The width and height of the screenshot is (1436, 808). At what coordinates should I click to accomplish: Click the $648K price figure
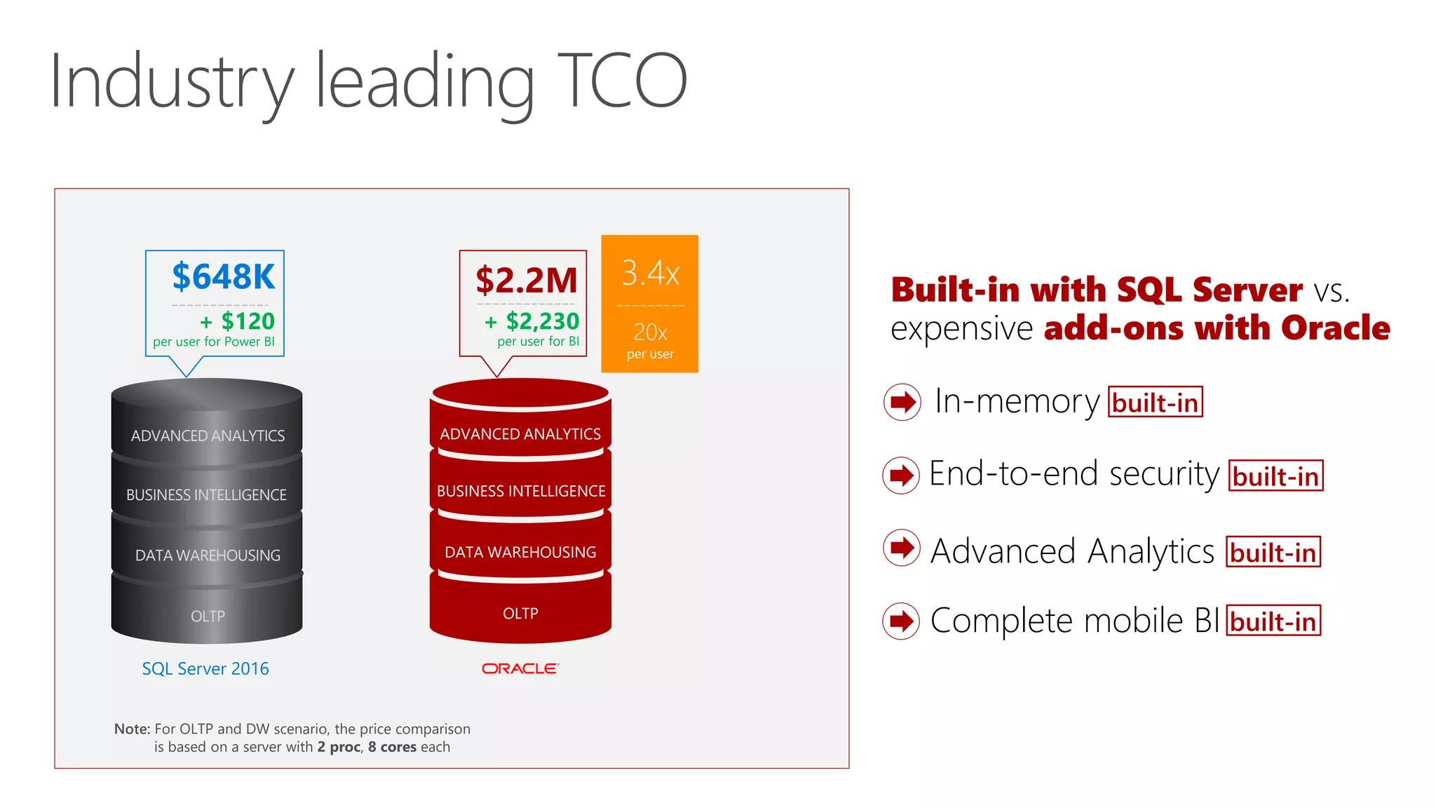[x=224, y=276]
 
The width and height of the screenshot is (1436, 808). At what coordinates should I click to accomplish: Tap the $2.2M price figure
[x=526, y=281]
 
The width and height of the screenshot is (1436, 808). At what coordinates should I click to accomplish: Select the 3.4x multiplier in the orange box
[x=650, y=273]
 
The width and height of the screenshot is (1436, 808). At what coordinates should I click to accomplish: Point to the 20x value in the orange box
[x=650, y=332]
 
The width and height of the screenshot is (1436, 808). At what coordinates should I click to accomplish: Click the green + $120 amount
[x=238, y=321]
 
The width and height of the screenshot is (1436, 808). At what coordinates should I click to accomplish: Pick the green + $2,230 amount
[x=532, y=321]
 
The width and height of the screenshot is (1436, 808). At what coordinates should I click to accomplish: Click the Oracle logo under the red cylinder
[x=520, y=668]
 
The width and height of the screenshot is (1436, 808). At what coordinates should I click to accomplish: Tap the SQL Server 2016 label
[x=205, y=668]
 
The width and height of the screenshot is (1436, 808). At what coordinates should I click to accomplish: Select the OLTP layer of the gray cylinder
[x=208, y=616]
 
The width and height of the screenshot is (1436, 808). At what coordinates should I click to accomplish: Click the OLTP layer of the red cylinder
[x=520, y=613]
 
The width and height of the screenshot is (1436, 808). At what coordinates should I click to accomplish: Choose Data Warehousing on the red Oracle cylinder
[x=520, y=552]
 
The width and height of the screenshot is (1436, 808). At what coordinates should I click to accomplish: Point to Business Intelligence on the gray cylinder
[x=206, y=494]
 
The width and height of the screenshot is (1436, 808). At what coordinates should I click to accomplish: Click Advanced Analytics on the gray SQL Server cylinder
[x=208, y=436]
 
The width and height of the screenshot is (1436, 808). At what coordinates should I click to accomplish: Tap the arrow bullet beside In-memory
[x=902, y=402]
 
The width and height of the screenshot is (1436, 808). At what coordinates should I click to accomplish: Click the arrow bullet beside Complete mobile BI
[x=901, y=621]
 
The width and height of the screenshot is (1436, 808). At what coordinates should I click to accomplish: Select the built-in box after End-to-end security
[x=1275, y=476]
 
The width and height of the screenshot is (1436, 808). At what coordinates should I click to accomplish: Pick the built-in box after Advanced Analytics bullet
[x=1273, y=552]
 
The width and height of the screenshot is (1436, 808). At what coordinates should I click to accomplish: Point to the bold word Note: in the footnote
[x=132, y=729]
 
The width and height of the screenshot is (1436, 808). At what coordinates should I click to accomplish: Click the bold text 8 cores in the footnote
[x=392, y=747]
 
